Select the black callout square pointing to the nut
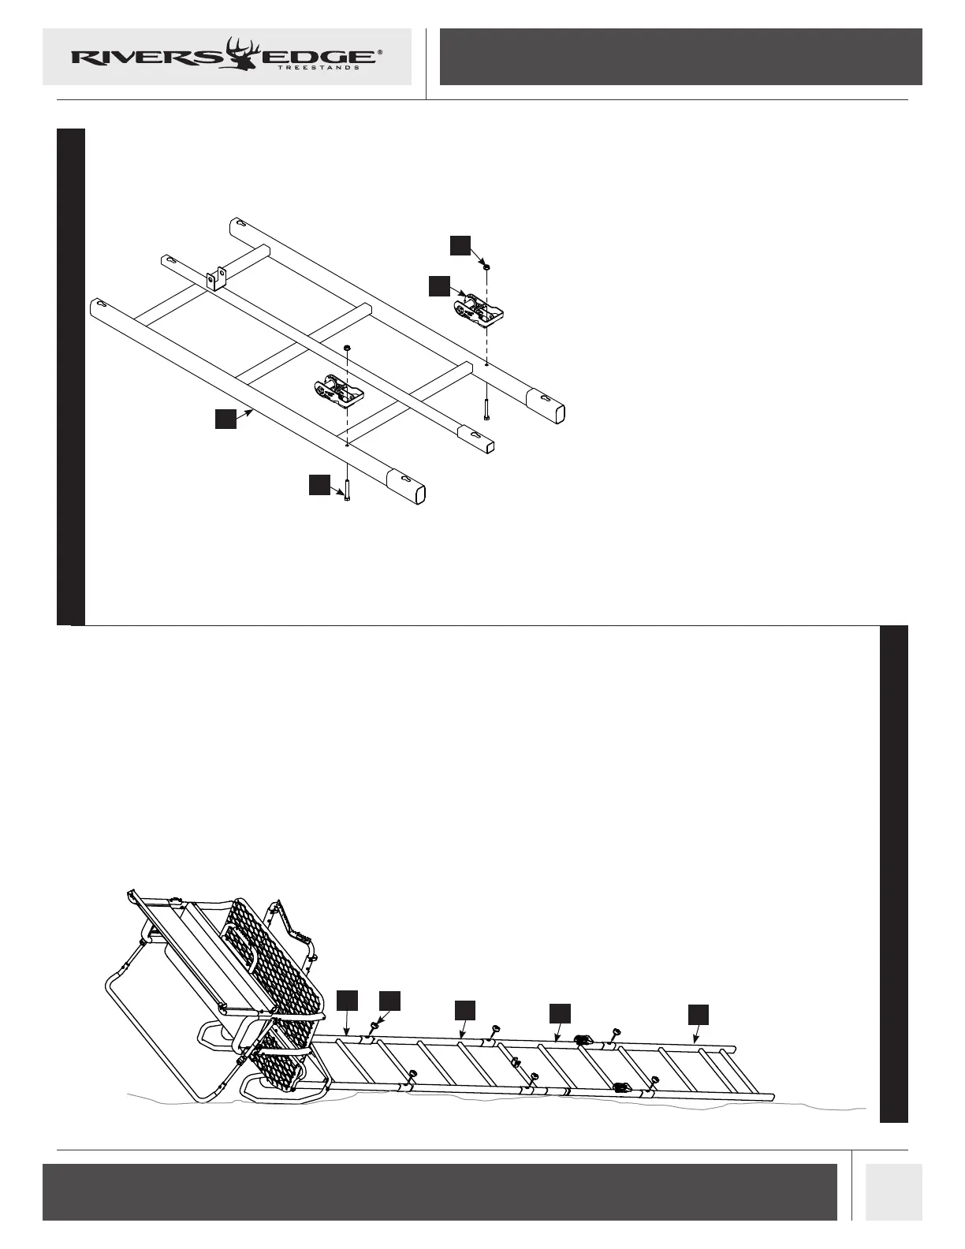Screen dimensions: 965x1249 (460, 245)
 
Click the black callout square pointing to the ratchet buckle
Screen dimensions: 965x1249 (439, 285)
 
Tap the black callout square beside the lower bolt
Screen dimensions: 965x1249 (319, 485)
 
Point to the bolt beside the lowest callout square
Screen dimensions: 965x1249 (347, 487)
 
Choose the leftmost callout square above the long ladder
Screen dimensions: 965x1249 (347, 1000)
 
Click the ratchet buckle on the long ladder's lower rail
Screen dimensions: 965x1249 (622, 1087)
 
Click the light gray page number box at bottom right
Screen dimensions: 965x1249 (893, 1191)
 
